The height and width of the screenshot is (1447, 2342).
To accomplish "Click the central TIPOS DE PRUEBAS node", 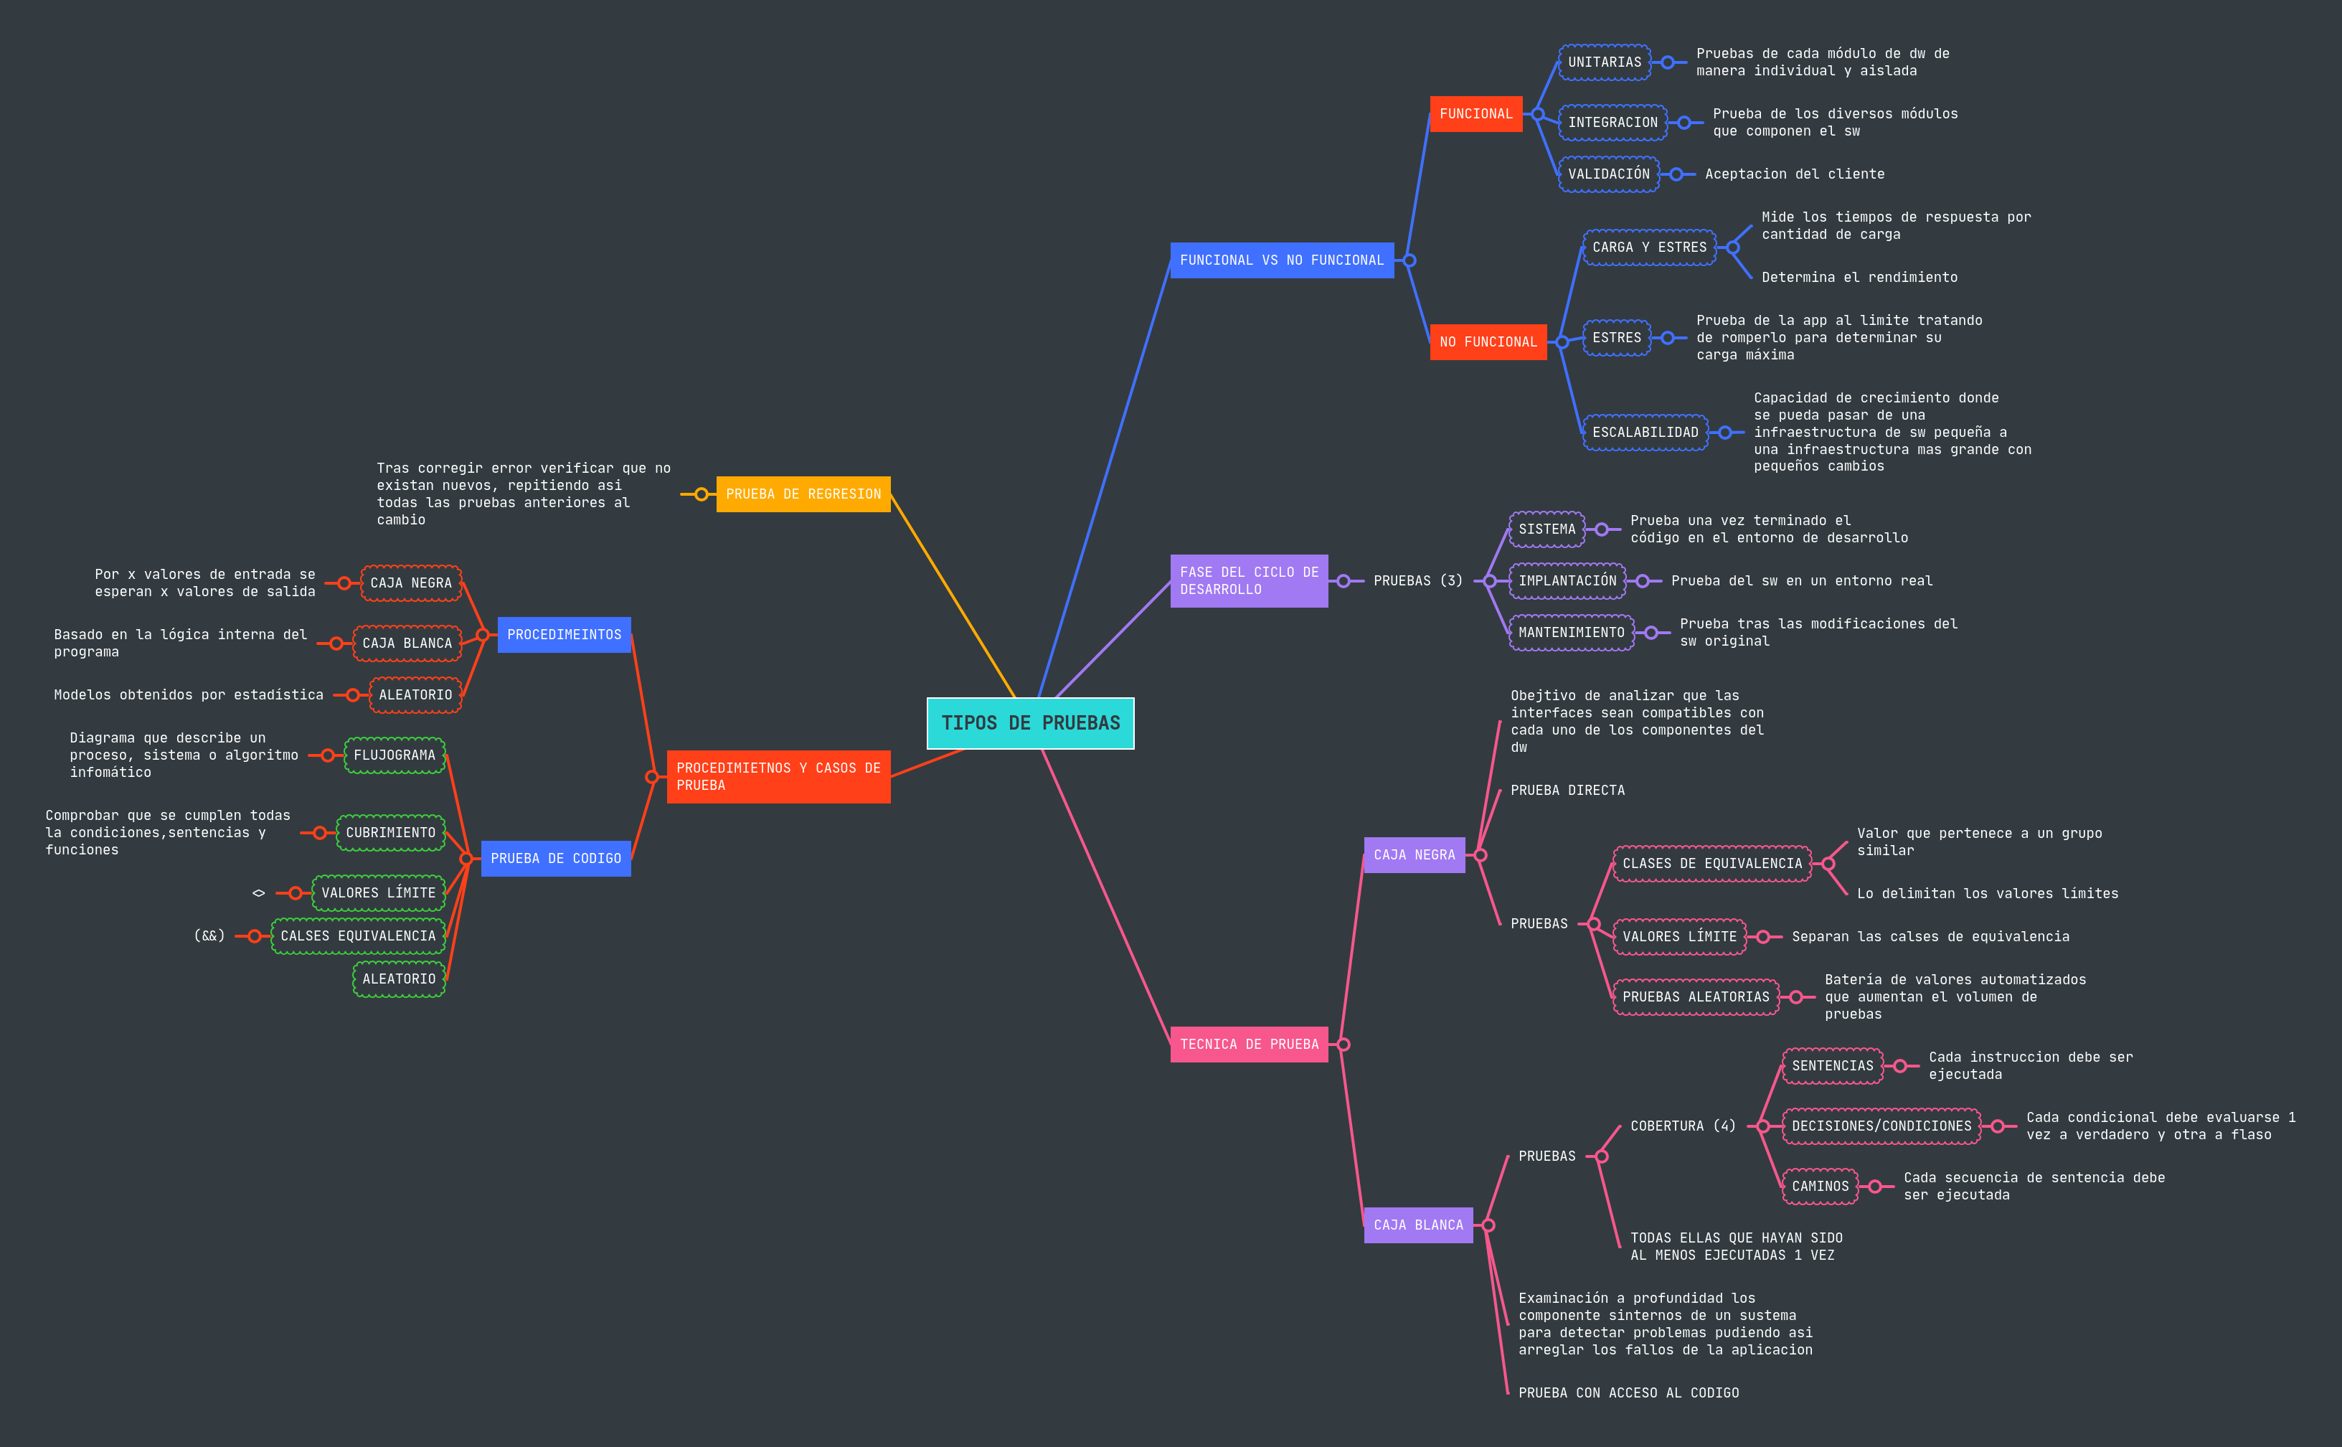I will tap(1030, 722).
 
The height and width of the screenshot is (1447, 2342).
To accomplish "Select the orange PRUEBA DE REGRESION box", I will tap(803, 494).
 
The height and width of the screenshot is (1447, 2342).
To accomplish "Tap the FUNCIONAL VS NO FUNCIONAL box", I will tap(1281, 260).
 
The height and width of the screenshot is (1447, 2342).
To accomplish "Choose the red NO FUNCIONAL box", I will tap(1488, 341).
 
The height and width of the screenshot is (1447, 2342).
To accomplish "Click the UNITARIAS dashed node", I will tap(1605, 62).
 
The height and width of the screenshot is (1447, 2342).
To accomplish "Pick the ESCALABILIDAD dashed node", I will tap(1645, 433).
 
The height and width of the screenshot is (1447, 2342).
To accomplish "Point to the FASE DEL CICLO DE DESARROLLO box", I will tap(1249, 581).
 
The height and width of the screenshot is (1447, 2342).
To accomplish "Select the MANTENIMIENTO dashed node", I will tap(1571, 633).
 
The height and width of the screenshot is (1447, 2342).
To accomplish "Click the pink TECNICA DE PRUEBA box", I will tap(1249, 1044).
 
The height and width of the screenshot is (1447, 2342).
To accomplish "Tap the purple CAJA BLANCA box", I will tap(1418, 1225).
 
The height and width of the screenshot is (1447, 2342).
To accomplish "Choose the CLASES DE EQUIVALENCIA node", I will tap(1711, 863).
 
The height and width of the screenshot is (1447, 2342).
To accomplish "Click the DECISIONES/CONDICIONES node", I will tap(1881, 1126).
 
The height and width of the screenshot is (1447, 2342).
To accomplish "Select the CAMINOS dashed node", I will tap(1820, 1187).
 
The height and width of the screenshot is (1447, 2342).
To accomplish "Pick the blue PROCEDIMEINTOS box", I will tap(564, 634).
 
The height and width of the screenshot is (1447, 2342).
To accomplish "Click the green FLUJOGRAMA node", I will tap(395, 755).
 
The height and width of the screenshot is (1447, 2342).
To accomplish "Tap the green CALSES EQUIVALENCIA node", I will tap(358, 936).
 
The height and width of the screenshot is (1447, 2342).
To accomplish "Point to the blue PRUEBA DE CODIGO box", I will tap(556, 859).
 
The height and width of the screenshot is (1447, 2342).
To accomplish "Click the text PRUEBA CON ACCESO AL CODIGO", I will tap(1628, 1392).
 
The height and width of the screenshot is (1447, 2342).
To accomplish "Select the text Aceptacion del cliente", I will tap(1794, 174).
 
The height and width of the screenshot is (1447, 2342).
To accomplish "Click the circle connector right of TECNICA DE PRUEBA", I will tap(1344, 1044).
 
